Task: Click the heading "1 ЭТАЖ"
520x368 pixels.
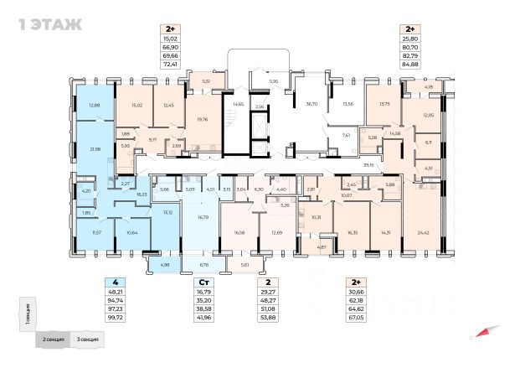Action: click(x=49, y=23)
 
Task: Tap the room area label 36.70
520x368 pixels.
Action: click(x=313, y=104)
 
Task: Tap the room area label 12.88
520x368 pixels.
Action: click(x=94, y=105)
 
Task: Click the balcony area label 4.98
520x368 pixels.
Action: click(x=163, y=265)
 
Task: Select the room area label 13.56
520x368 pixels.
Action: click(x=348, y=104)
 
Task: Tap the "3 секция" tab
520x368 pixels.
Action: click(x=87, y=339)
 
